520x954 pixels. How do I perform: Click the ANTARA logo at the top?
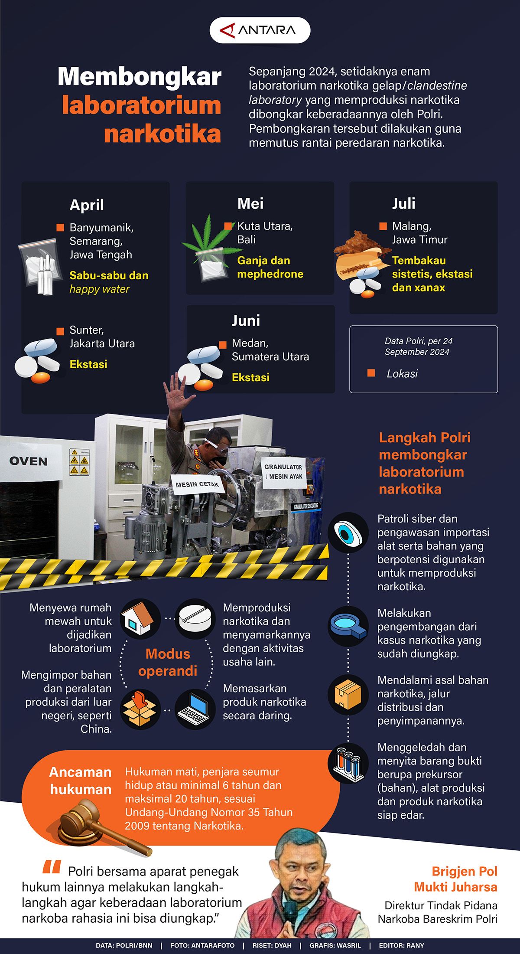coord(260,30)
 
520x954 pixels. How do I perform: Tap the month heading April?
coord(87,205)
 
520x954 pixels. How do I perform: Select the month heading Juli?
coord(403,203)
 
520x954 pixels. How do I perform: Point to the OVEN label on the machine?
coord(28,461)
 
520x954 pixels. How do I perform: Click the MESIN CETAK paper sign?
coord(197,484)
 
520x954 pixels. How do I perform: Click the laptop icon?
coord(195,709)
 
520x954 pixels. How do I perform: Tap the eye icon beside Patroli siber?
coord(348,533)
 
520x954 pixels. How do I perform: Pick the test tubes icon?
coord(348,764)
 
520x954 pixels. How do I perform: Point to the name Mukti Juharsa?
coord(455,887)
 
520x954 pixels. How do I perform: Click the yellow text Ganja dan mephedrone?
coord(270,267)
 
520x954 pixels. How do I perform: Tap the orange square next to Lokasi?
coord(371,373)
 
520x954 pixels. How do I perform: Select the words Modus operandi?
coord(168,662)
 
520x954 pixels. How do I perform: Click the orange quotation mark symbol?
coord(52,867)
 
